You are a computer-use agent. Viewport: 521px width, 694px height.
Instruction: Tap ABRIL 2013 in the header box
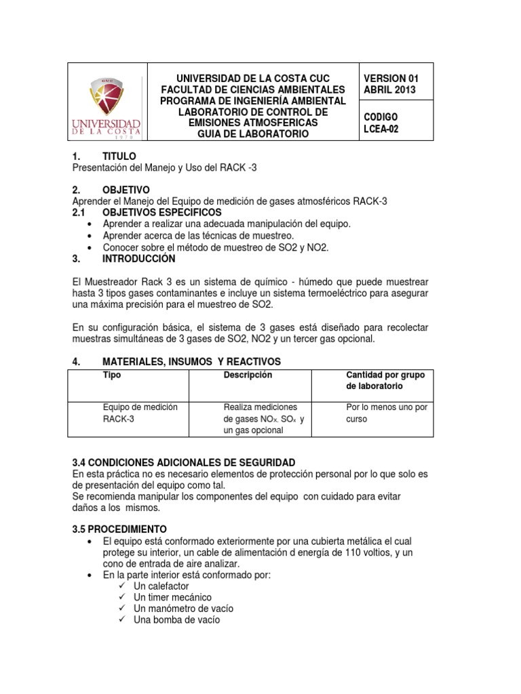click(390, 89)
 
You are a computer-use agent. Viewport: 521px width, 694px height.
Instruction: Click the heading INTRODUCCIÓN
click(138, 259)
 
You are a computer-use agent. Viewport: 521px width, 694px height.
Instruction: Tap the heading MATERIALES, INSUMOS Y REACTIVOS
click(191, 362)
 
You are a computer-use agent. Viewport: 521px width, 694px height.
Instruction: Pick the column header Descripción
click(248, 375)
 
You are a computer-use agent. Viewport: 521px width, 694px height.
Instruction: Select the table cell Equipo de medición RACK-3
click(140, 413)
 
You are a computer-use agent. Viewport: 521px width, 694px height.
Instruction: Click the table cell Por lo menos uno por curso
click(386, 413)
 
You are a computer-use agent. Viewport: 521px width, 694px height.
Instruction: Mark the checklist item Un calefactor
click(161, 586)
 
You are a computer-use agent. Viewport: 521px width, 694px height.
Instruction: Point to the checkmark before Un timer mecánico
click(122, 597)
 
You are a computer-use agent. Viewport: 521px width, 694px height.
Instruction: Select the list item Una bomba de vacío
click(177, 620)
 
